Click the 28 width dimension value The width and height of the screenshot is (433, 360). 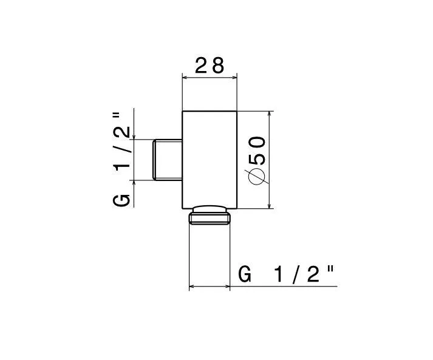pos(210,66)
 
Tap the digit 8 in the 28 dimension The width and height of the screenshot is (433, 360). pos(217,66)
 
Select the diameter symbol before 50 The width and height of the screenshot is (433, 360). pos(257,176)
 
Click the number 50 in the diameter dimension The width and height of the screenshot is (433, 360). pos(257,150)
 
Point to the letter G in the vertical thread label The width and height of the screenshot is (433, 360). pos(121,200)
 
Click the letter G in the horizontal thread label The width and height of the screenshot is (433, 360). pos(245,274)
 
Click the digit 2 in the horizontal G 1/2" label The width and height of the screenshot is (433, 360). pos(313,274)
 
